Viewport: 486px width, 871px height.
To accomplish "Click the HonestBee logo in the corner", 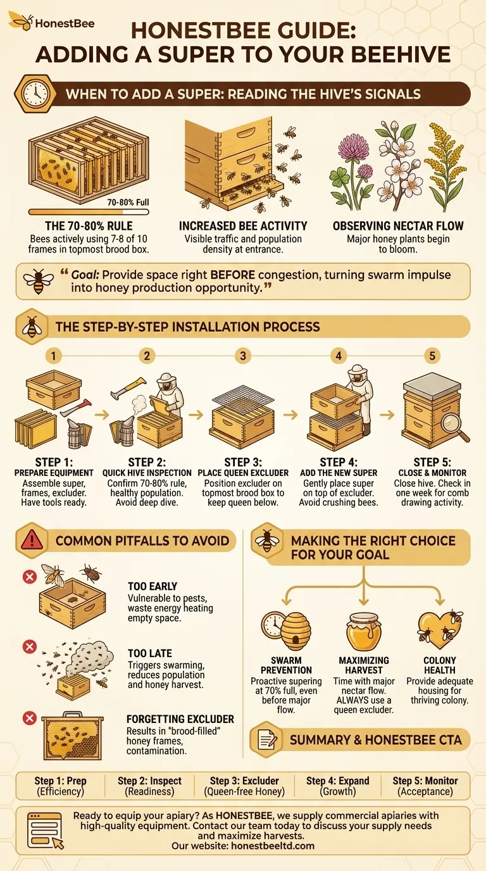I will [x=51, y=23].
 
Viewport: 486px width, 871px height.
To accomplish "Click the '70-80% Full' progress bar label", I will [x=128, y=203].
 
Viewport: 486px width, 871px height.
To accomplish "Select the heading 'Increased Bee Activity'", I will [x=243, y=226].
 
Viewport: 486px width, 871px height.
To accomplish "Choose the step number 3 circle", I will [x=243, y=356].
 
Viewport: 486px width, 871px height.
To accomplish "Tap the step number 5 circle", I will [x=432, y=356].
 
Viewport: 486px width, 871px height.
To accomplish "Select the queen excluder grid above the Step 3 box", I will [x=243, y=397].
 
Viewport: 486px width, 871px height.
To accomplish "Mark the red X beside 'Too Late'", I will [x=28, y=646].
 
